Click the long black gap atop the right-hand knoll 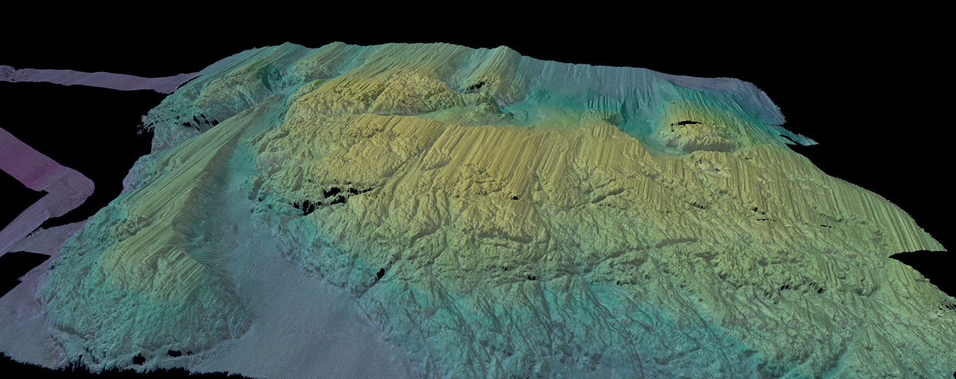686,122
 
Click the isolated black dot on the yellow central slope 514,197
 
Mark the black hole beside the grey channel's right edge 380,275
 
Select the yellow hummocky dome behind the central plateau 395,89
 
